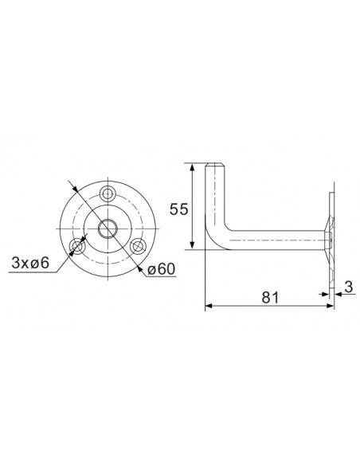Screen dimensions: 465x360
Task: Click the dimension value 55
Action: (179, 209)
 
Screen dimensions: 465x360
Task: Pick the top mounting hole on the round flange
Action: (109, 193)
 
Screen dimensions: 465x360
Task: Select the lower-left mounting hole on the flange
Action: (77, 246)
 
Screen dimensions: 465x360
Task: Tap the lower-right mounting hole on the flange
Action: (139, 246)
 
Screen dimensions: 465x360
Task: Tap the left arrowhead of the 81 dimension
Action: (209, 305)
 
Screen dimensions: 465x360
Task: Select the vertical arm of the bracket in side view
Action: (214, 199)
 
